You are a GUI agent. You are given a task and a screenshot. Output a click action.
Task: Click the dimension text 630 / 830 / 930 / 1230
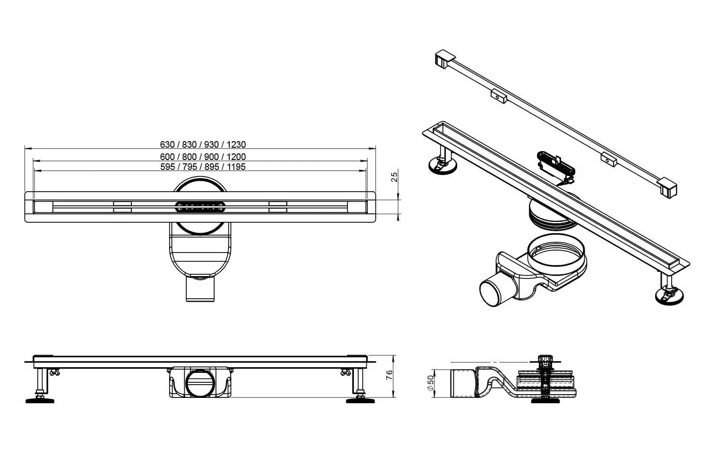pyautogui.click(x=203, y=144)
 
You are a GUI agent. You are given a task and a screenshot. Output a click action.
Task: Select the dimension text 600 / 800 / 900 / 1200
pyautogui.click(x=203, y=157)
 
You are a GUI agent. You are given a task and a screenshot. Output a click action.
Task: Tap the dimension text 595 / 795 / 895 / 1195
pyautogui.click(x=203, y=167)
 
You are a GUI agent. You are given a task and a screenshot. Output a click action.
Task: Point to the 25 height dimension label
pyautogui.click(x=394, y=177)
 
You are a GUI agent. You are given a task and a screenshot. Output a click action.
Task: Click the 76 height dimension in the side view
pyautogui.click(x=389, y=375)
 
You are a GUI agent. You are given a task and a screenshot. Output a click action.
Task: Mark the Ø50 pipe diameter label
pyautogui.click(x=431, y=383)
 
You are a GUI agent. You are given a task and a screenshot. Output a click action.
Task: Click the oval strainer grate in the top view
pyautogui.click(x=200, y=207)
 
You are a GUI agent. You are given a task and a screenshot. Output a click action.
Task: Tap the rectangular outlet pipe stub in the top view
pyautogui.click(x=200, y=289)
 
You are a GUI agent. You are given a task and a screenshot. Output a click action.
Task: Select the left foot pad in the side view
pyautogui.click(x=40, y=401)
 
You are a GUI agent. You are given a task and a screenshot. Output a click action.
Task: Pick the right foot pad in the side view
pyautogui.click(x=360, y=401)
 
